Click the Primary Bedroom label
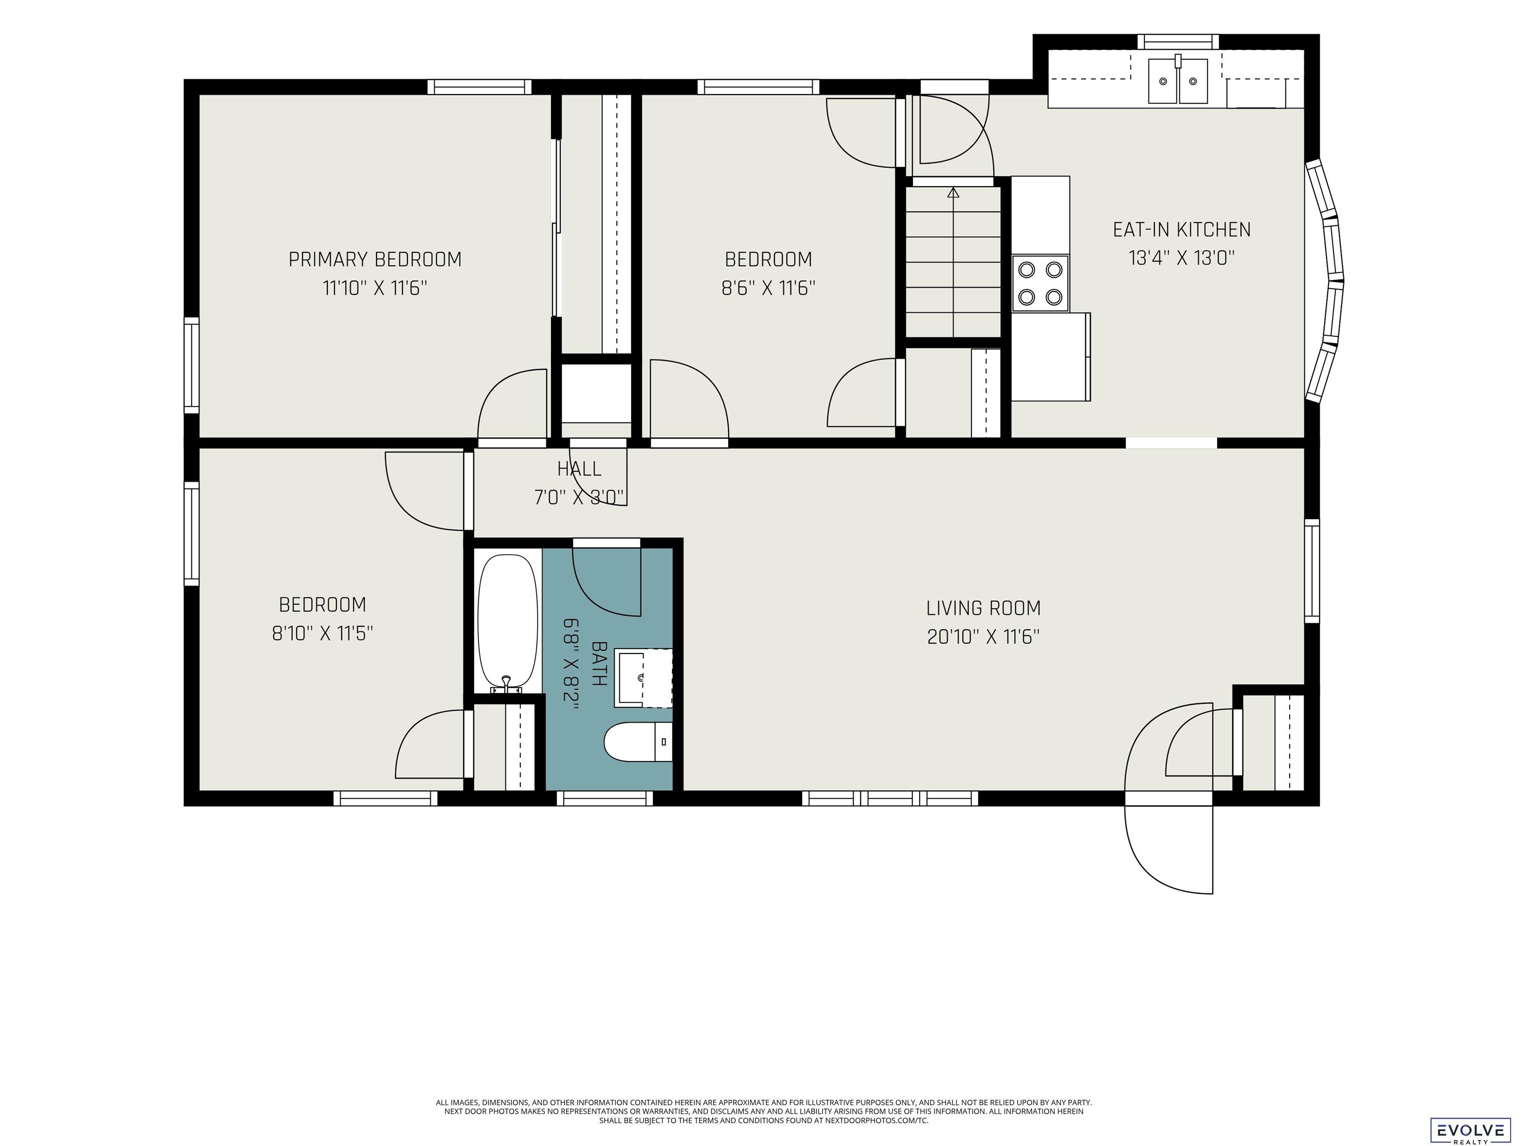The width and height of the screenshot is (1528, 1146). point(375,260)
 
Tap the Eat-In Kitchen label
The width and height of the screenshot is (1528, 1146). point(1181,229)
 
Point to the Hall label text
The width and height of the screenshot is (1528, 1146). point(579,469)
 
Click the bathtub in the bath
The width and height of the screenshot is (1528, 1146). point(508,622)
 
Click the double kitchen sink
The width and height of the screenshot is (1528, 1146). point(1178,80)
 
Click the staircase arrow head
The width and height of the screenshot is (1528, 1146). point(954,192)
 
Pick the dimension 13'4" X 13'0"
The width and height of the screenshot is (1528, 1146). point(1181,258)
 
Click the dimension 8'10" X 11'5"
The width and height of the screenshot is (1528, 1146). point(323,633)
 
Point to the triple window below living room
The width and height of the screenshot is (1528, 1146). point(890,798)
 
